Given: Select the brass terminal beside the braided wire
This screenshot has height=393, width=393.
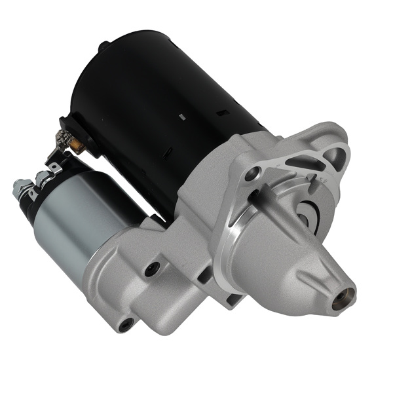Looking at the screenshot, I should pyautogui.click(x=77, y=145).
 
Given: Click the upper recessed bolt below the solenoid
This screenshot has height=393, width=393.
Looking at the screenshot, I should pyautogui.click(x=153, y=267).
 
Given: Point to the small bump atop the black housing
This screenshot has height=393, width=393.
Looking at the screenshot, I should pyautogui.click(x=103, y=46).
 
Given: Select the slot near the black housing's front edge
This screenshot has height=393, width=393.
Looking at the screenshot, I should pyautogui.click(x=223, y=113).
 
